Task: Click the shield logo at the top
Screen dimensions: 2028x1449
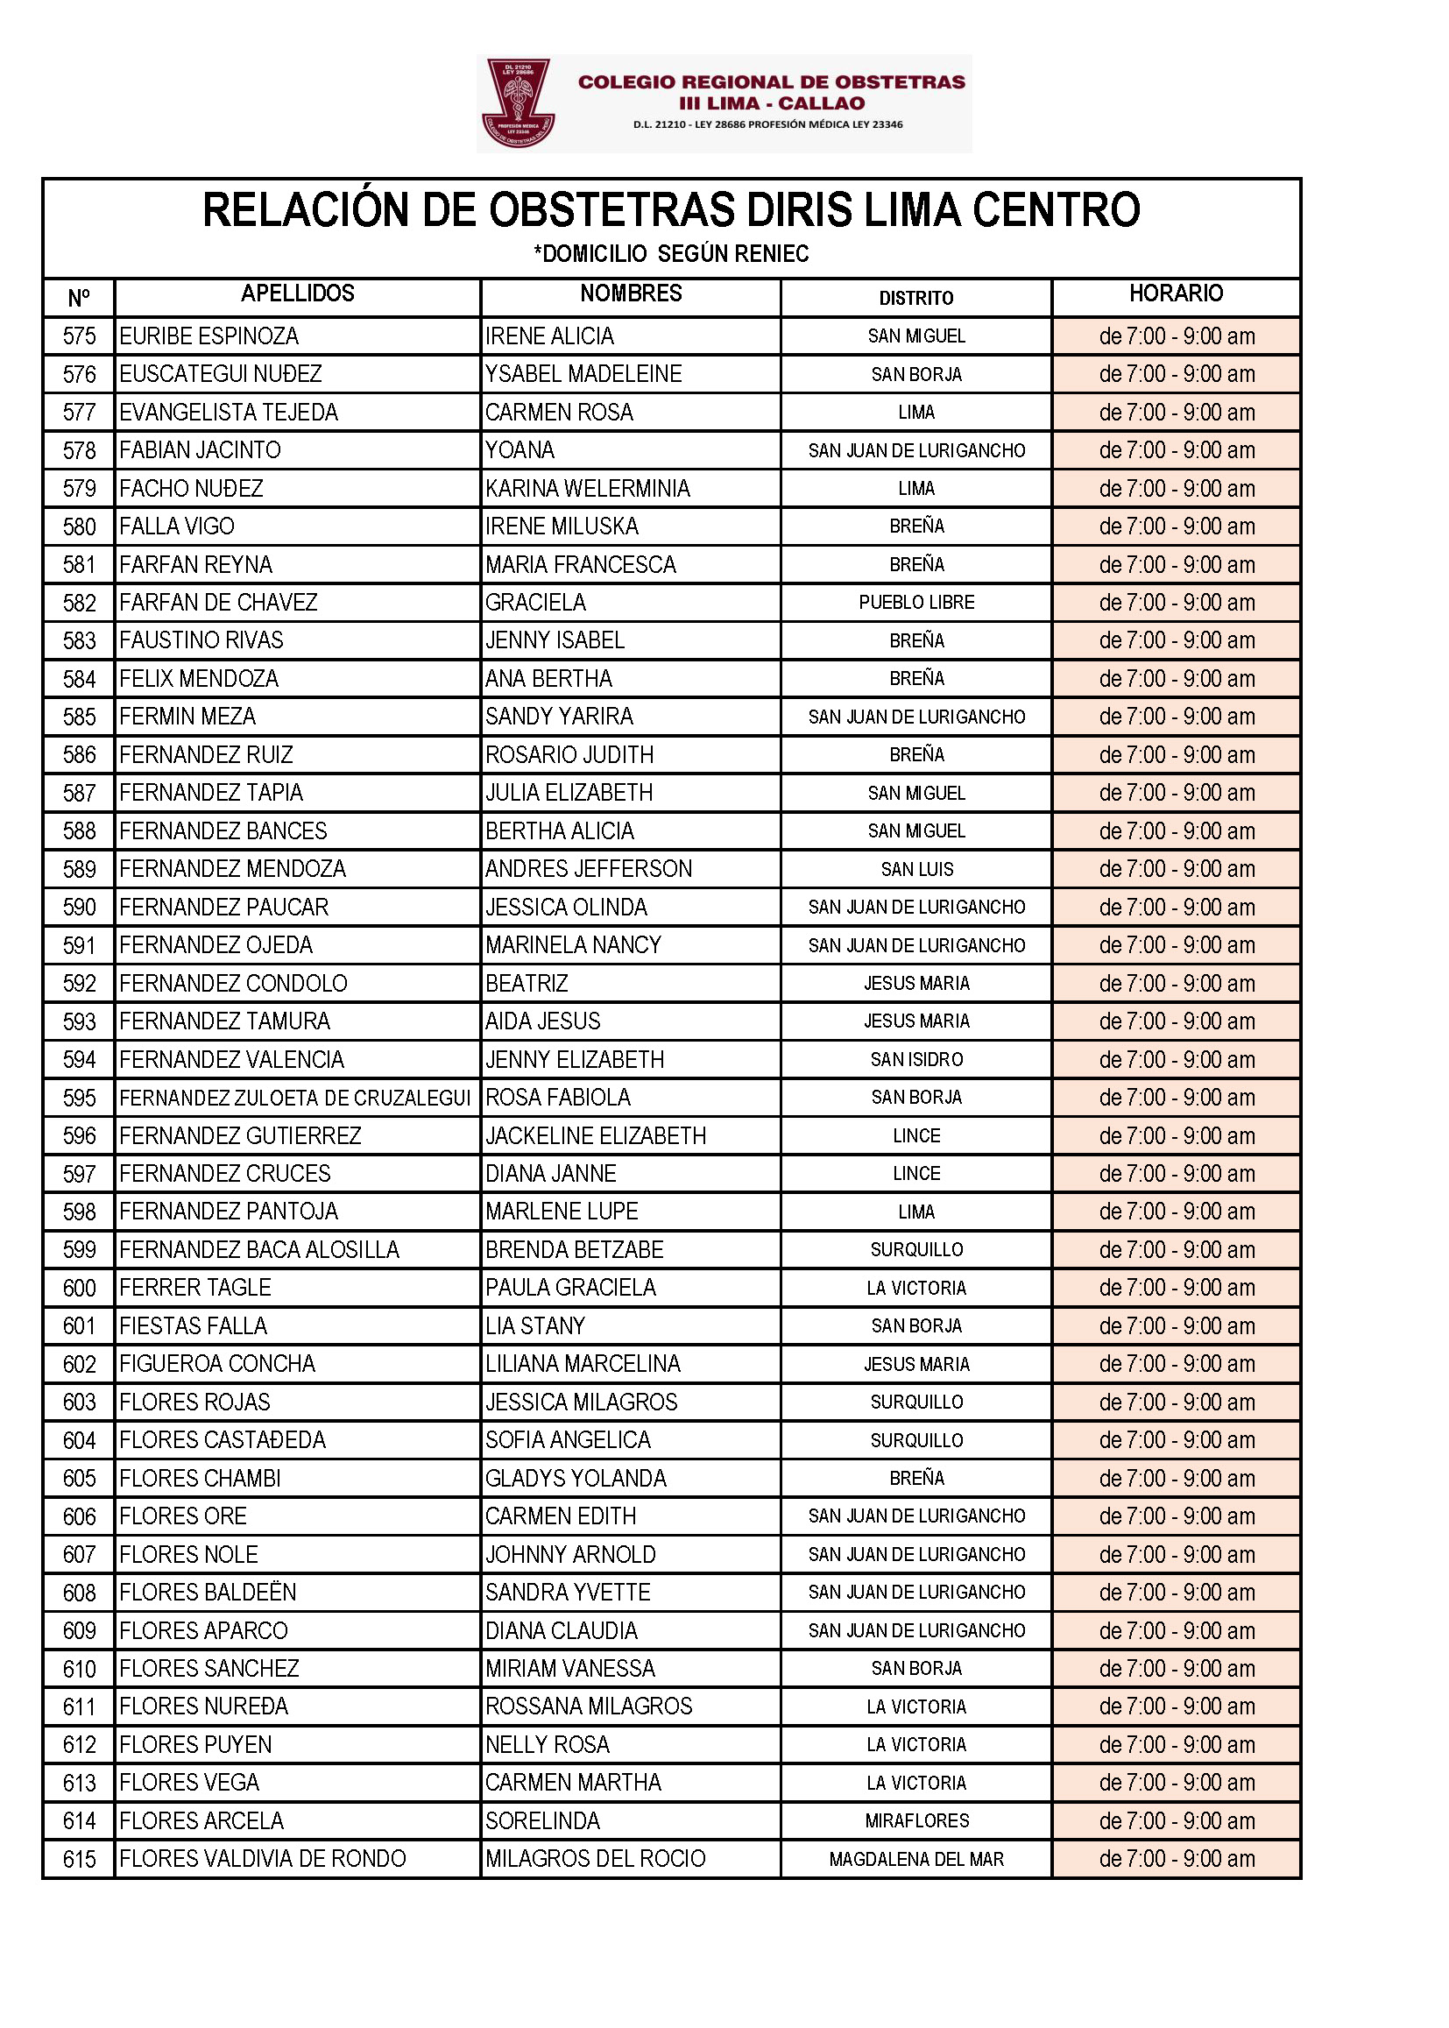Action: pos(518,102)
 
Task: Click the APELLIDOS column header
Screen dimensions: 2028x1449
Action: pos(297,293)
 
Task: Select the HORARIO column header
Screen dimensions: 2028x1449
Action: pos(1175,293)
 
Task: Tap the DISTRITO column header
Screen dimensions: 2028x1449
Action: pos(915,298)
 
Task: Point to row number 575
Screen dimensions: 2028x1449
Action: pos(79,336)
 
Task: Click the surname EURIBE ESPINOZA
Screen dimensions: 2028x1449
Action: pos(209,336)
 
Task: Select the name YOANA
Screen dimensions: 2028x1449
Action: pos(520,450)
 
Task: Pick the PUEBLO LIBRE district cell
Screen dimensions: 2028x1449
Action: pos(916,602)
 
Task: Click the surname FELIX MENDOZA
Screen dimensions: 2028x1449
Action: pos(199,679)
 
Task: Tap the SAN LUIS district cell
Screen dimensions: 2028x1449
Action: pos(916,869)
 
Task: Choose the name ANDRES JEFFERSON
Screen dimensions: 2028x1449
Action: pos(588,869)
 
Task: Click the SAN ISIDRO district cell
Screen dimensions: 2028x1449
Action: pos(916,1060)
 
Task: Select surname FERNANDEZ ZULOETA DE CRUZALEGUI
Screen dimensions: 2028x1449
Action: pos(294,1099)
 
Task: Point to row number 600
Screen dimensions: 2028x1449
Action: pos(79,1289)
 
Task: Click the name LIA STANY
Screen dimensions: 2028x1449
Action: pos(534,1325)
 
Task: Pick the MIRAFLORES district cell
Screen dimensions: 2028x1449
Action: pos(916,1821)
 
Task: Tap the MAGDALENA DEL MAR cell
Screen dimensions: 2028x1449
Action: pos(916,1860)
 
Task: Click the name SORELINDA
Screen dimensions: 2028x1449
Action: pos(542,1821)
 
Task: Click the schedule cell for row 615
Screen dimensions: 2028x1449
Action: pos(1176,1860)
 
